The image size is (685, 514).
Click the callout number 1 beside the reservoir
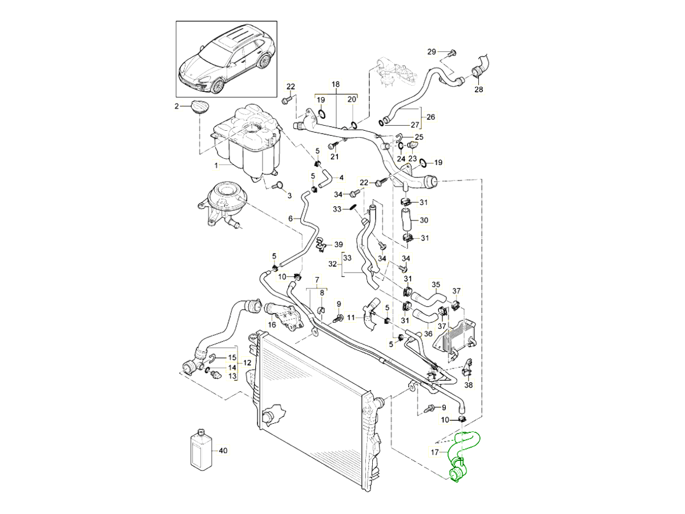pyautogui.click(x=217, y=166)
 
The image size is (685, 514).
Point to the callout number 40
pyautogui.click(x=223, y=451)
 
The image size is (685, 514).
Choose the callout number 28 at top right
pyautogui.click(x=478, y=90)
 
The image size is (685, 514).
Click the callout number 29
pyautogui.click(x=432, y=53)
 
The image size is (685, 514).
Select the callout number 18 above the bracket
pyautogui.click(x=336, y=85)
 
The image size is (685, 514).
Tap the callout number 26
pyautogui.click(x=430, y=117)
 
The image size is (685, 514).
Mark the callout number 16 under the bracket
pyautogui.click(x=272, y=325)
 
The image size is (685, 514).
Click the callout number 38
pyautogui.click(x=469, y=385)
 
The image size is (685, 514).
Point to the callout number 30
pyautogui.click(x=423, y=220)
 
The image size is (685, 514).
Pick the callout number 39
pyautogui.click(x=339, y=244)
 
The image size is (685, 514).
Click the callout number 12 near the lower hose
pyautogui.click(x=247, y=363)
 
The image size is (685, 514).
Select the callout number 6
pyautogui.click(x=291, y=219)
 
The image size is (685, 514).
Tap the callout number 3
pyautogui.click(x=289, y=195)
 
